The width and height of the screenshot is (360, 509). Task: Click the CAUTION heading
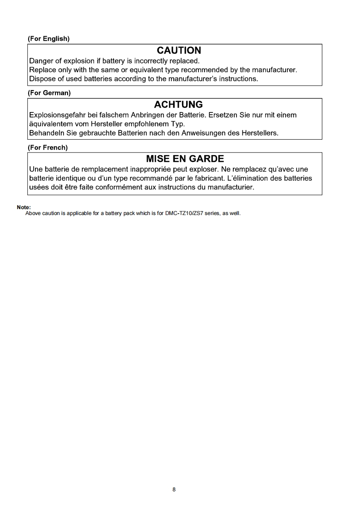179,50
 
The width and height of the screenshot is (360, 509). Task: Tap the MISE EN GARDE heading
185,159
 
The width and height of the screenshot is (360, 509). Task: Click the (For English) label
49,39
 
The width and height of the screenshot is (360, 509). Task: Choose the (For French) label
48,147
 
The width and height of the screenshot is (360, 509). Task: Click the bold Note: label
24,207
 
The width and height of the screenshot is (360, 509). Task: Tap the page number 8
174,489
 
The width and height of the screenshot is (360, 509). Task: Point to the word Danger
42,60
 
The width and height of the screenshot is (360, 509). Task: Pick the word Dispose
43,78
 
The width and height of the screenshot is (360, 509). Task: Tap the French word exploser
200,169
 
